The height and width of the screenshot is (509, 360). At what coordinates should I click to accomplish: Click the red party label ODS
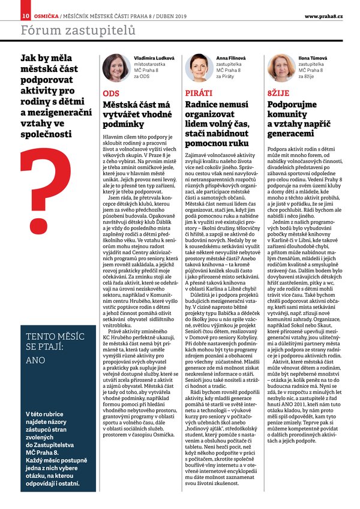(x=111, y=94)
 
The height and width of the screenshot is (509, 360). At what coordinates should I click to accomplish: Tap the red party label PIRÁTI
(x=199, y=94)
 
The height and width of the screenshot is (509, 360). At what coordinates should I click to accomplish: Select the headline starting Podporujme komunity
(x=296, y=120)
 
